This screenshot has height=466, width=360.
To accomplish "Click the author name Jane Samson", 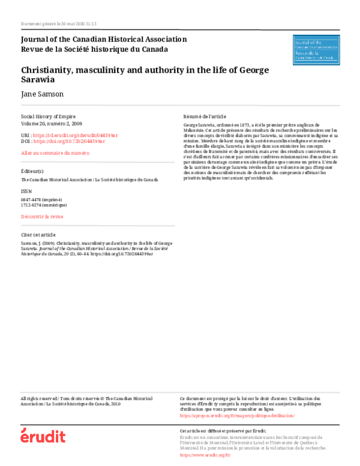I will point(41,94).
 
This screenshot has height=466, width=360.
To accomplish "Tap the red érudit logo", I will point(43,436).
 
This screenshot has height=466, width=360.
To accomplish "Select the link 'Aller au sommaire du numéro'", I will point(55,154).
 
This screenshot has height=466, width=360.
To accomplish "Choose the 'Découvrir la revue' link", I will point(41,216).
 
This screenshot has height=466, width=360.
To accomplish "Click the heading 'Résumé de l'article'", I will point(205,116).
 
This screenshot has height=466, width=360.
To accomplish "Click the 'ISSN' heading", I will point(26,191).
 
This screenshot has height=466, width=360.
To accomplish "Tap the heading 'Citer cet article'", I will point(38,234).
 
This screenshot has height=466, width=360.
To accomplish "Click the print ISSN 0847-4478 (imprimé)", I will point(41,199).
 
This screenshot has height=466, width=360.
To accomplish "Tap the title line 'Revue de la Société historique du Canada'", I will point(94,49).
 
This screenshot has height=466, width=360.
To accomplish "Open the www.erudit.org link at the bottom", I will point(205,455).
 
